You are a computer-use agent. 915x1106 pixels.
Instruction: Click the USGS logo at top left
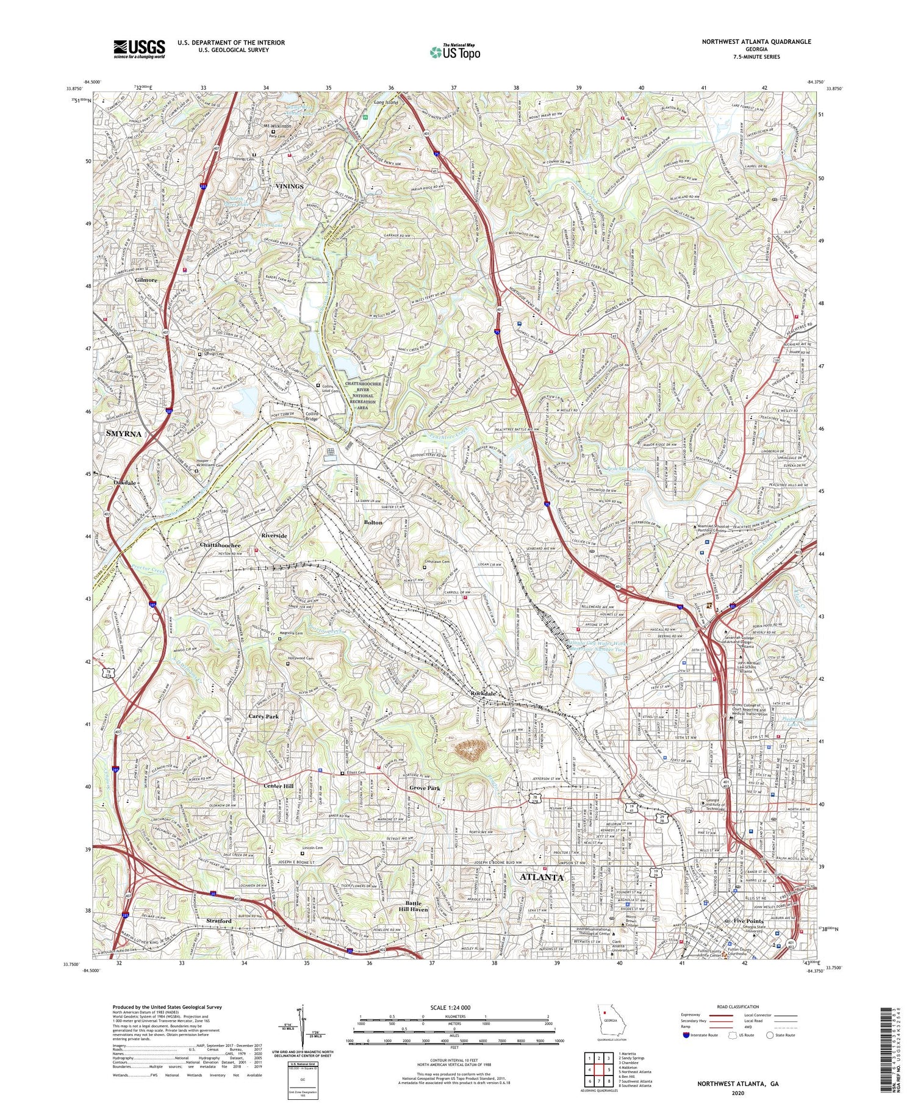tap(138, 49)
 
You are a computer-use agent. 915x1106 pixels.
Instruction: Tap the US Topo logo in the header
tap(454, 52)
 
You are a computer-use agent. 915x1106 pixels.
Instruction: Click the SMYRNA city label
tap(123, 434)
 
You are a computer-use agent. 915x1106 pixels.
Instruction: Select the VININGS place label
tap(289, 186)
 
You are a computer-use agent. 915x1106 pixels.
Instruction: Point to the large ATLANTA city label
tap(541, 877)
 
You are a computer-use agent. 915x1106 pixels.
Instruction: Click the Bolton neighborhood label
tap(373, 522)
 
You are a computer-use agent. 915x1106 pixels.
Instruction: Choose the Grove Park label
tap(425, 788)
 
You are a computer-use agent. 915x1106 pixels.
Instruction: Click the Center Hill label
tap(279, 786)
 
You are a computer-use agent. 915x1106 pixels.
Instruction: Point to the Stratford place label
tap(218, 921)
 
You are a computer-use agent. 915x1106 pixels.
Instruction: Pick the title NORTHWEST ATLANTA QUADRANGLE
tap(756, 41)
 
